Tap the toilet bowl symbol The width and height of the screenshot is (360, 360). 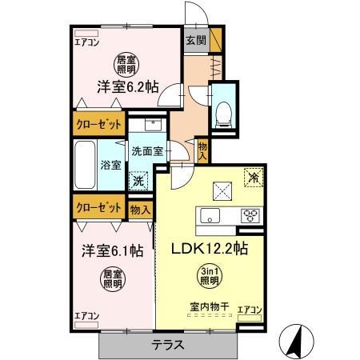[224, 110]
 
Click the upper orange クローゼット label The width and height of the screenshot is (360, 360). [98, 125]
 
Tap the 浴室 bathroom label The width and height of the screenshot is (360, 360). [111, 166]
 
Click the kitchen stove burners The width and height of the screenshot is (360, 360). [250, 215]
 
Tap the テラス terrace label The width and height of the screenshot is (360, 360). [169, 346]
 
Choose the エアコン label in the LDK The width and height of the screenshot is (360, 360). [251, 308]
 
